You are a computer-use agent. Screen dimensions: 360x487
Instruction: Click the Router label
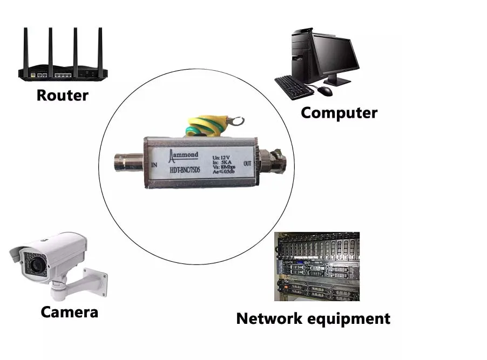[x=62, y=96]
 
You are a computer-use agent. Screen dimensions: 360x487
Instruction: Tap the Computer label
[x=339, y=113]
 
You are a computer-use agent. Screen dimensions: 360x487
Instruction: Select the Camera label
[x=69, y=311]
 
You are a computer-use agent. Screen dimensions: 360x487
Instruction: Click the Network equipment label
[x=313, y=318]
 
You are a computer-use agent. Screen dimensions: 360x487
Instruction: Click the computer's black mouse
[x=324, y=91]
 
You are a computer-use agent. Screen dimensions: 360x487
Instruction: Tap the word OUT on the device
[x=248, y=163]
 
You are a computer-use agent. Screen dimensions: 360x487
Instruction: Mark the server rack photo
[x=316, y=266]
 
